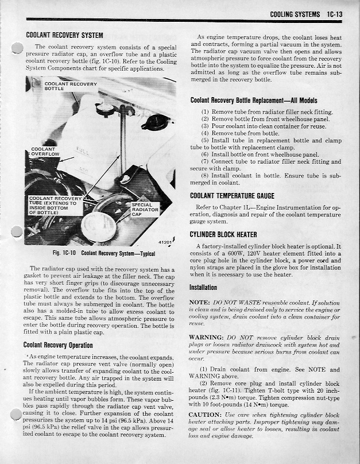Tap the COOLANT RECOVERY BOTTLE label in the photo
[x=71, y=86]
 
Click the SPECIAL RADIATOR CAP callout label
[x=144, y=211]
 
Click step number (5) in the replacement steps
[x=205, y=140]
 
